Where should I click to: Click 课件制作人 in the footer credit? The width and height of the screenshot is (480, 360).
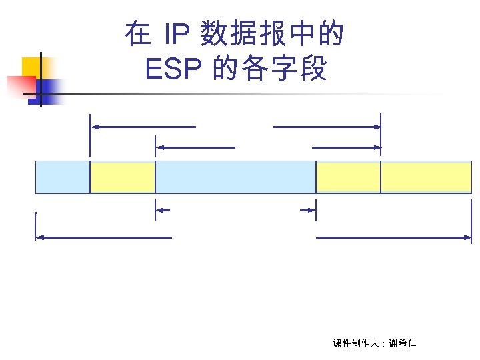pos(356,343)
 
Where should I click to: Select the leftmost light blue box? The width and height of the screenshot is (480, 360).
pos(62,177)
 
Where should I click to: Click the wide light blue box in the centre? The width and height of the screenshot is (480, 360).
pos(235,177)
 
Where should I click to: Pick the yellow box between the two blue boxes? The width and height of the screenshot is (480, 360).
pos(123,177)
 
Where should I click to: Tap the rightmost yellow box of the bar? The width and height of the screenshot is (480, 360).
pos(426,177)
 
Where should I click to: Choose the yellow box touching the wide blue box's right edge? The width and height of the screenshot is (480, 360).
pos(348,177)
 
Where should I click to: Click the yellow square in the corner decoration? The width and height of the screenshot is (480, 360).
pos(32,67)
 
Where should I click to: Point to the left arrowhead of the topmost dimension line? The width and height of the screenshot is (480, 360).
pos(94,126)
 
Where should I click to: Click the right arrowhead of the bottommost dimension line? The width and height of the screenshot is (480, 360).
pos(469,237)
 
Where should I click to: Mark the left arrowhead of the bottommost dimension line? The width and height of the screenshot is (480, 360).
pos(39,237)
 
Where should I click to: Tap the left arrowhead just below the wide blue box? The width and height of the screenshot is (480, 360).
pos(159,210)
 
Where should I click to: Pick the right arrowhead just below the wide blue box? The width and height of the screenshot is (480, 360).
pos(311,210)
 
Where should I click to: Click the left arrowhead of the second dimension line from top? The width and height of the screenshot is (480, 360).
pos(159,147)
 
